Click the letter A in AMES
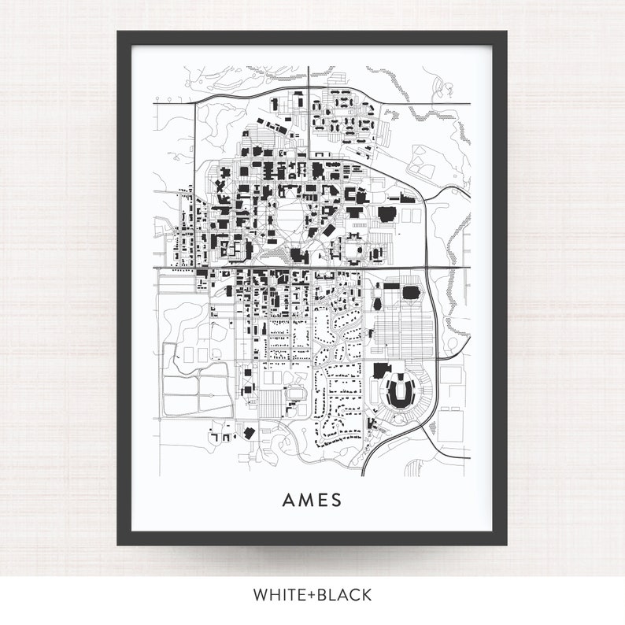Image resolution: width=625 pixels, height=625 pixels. tap(289, 501)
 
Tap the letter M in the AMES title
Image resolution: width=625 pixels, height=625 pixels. tap(306, 501)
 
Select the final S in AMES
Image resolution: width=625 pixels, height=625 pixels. tap(337, 501)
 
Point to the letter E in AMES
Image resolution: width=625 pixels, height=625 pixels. tap(323, 501)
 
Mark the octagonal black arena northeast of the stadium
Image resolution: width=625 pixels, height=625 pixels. tap(411, 293)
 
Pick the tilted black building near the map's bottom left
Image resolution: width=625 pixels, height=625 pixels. tap(250, 432)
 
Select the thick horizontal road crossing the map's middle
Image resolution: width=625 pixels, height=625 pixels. tap(315, 268)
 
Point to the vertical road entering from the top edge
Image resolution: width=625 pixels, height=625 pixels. tap(308, 79)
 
